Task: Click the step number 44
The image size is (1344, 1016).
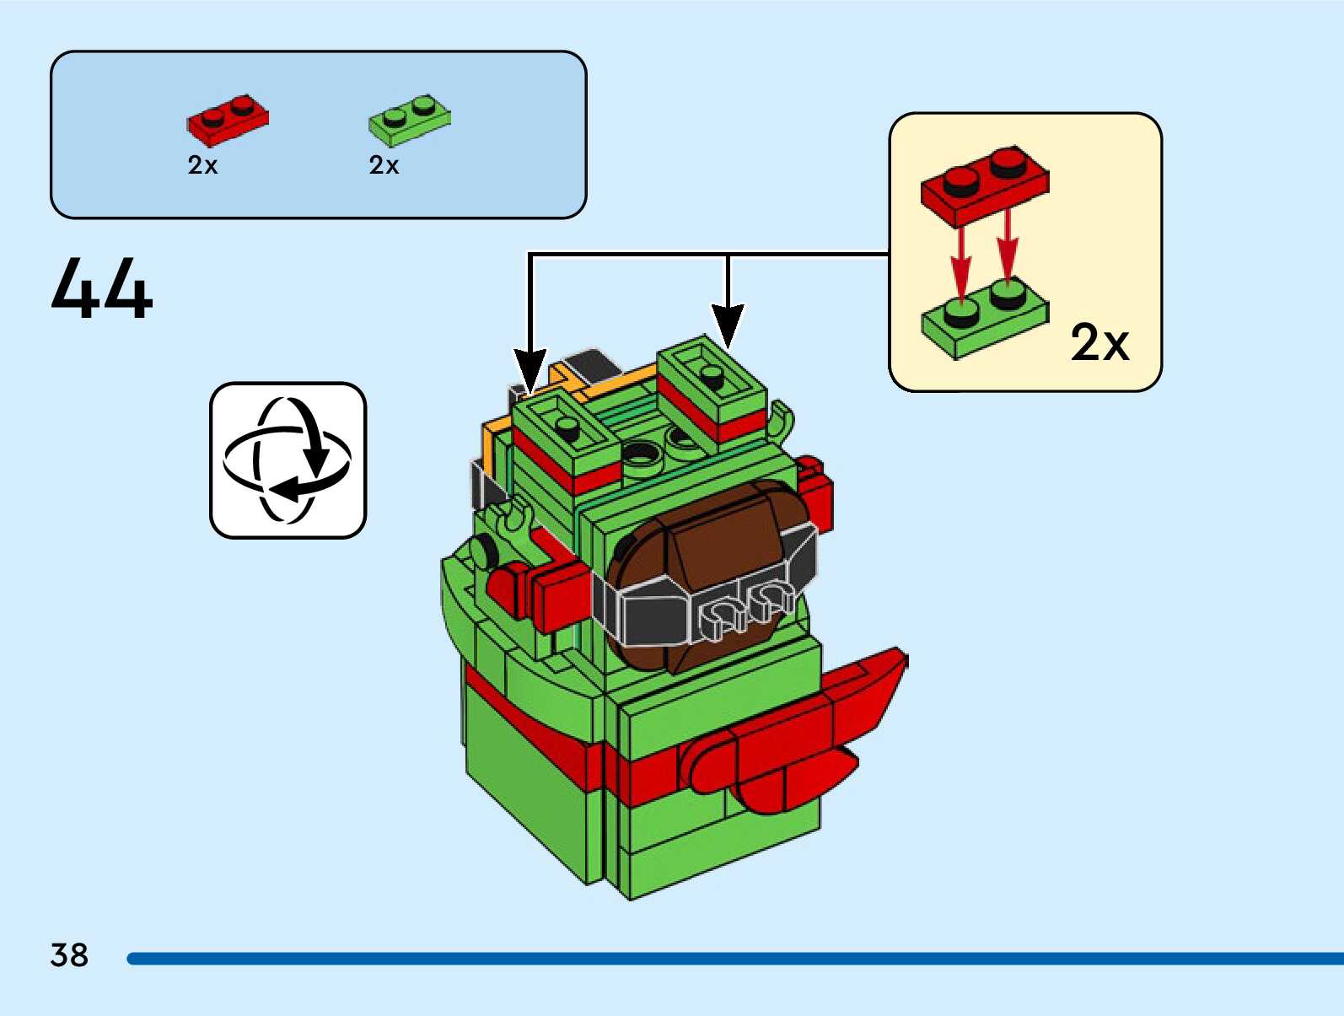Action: [102, 288]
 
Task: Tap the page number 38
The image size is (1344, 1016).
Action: [69, 955]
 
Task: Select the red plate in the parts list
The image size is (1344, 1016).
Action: [228, 120]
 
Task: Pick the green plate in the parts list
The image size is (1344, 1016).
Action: [409, 120]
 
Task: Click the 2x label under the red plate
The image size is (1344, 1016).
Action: [202, 165]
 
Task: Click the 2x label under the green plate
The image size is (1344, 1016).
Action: [384, 165]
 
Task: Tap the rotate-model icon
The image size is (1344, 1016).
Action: [288, 460]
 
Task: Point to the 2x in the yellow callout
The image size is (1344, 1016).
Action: [1099, 342]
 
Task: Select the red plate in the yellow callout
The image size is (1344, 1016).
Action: [985, 185]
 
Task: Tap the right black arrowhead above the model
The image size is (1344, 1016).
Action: [728, 325]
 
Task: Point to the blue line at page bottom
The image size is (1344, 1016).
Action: [734, 959]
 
